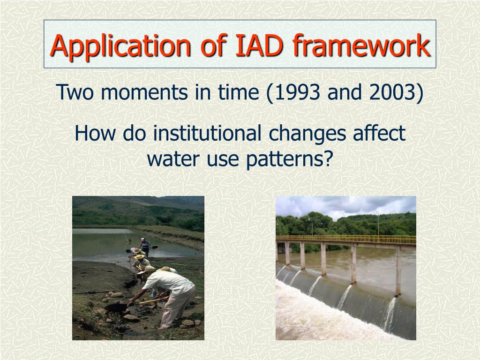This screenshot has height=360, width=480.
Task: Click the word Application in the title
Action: [120, 46]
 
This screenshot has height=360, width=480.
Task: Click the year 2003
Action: [392, 92]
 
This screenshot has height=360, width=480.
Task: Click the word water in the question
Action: [173, 159]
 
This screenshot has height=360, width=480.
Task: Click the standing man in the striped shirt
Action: [145, 247]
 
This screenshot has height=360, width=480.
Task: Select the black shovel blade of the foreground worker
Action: [116, 307]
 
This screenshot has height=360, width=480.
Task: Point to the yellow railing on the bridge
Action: [346, 239]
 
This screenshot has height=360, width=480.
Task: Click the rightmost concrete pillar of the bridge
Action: [398, 270]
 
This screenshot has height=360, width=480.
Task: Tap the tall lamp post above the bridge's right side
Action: [378, 224]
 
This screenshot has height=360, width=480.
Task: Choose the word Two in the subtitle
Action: [75, 92]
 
